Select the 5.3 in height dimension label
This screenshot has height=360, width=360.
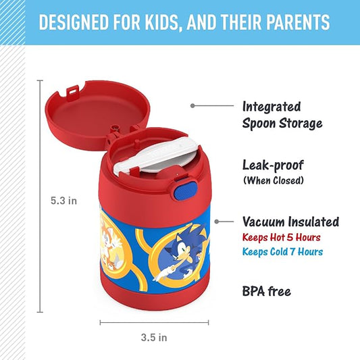[64, 200]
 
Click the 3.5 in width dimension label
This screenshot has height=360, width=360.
[153, 336]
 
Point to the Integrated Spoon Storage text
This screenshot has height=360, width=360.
[282, 115]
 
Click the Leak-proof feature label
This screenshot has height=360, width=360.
[272, 165]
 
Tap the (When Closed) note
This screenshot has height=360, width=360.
[274, 180]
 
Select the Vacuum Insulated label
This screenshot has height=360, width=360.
[290, 222]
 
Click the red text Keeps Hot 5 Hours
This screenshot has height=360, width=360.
[282, 237]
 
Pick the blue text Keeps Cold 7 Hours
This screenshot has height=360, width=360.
[282, 252]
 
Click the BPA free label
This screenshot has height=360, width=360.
[266, 291]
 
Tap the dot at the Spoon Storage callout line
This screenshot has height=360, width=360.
[192, 105]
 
